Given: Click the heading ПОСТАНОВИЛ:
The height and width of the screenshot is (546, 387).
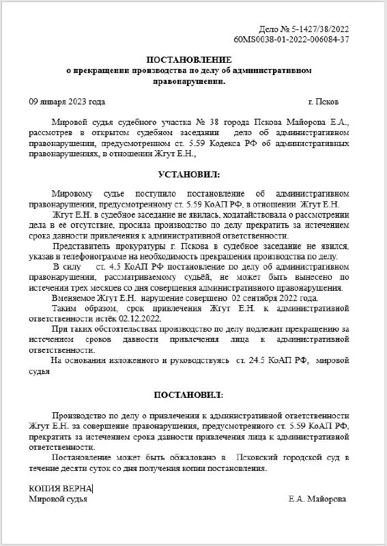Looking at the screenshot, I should [188, 395].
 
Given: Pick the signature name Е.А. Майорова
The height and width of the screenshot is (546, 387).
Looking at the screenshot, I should [317, 499].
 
